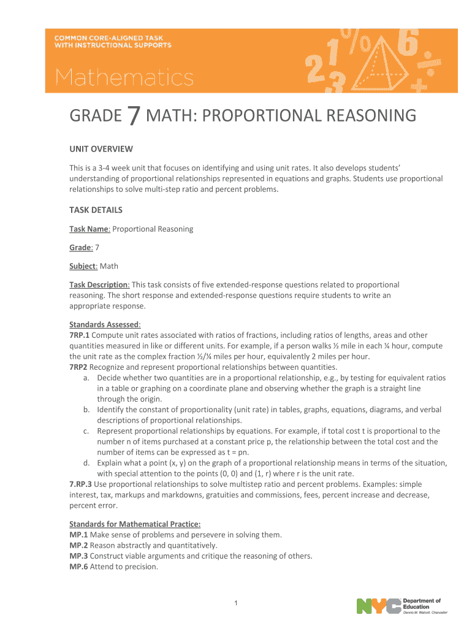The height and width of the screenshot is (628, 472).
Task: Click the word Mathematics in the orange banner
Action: pyautogui.click(x=125, y=78)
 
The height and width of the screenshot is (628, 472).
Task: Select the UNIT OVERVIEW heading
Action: pyautogui.click(x=101, y=149)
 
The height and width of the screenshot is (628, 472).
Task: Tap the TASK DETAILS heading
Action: pyautogui.click(x=96, y=210)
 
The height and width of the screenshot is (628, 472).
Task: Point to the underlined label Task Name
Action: pyautogui.click(x=89, y=229)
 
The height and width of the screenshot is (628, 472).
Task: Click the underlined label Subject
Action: pyautogui.click(x=83, y=266)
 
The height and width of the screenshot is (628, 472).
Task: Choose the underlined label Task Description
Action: pyautogui.click(x=99, y=285)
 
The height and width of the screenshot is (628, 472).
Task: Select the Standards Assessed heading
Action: pyautogui.click(x=105, y=324)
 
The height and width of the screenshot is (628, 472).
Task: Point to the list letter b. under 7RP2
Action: pyautogui.click(x=88, y=409)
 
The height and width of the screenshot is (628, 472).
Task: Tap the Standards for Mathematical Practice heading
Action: pyautogui.click(x=135, y=524)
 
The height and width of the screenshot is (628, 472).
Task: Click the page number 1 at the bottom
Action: pyautogui.click(x=236, y=604)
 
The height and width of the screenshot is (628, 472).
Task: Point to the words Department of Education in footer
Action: pyautogui.click(x=421, y=603)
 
